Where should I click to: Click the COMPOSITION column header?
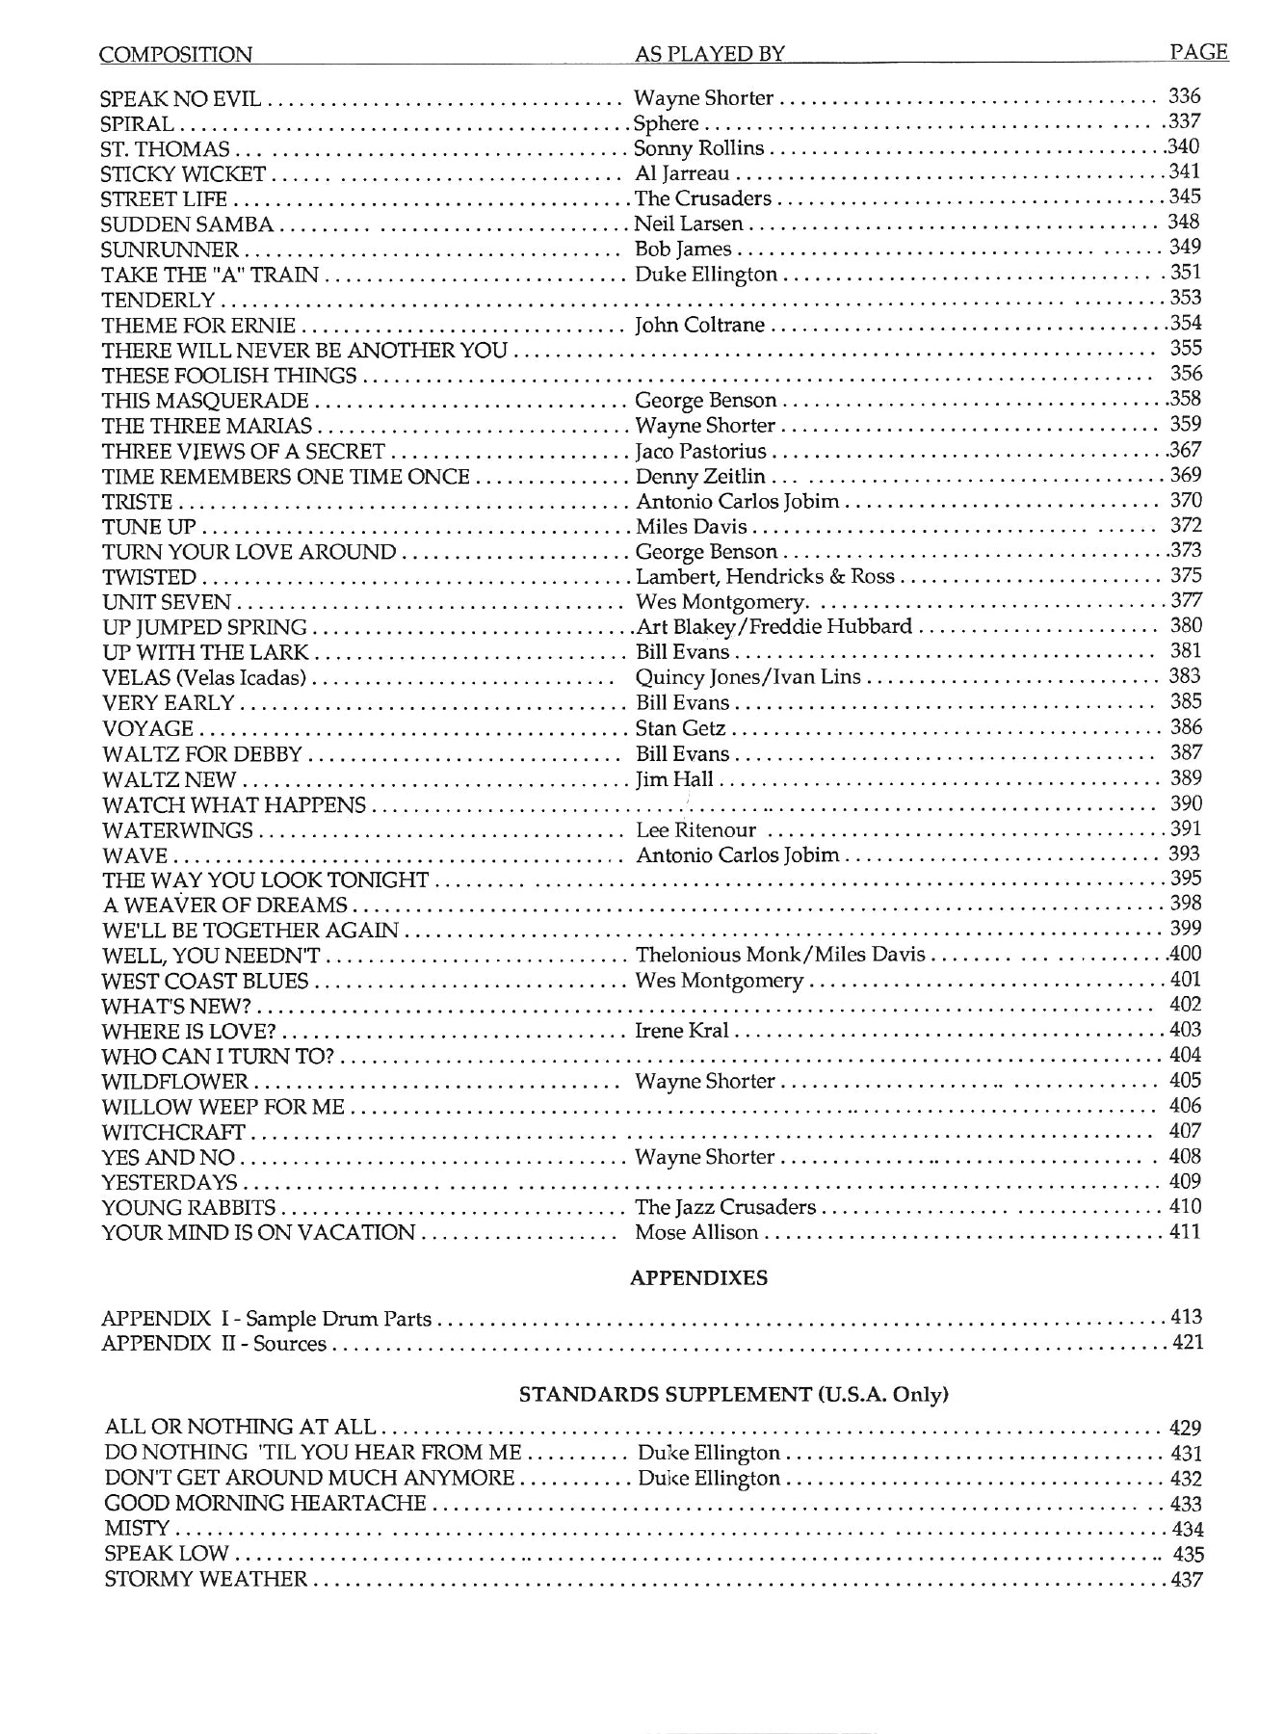coord(176,55)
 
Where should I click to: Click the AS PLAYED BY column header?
coord(709,55)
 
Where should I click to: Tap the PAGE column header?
coord(1198,52)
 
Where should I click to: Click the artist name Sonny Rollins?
coord(698,148)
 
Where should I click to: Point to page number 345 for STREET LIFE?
coord(1184,197)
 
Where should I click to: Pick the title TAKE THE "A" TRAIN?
coord(210,275)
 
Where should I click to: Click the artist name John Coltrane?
coord(699,325)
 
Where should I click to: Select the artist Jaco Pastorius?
coord(701,451)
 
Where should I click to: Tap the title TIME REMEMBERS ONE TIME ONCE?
coord(285,477)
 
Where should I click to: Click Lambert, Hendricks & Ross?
coord(765,577)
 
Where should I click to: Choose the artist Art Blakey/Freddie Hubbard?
coord(774,627)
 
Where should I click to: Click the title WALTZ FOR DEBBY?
coord(202,753)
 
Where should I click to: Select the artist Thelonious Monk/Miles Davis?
coord(780,955)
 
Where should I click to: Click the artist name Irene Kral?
coord(682,1031)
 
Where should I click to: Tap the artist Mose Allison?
coord(696,1232)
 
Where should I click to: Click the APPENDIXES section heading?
coord(698,1278)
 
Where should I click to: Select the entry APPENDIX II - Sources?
coord(214,1343)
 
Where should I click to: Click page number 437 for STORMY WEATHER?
coord(1187,1579)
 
